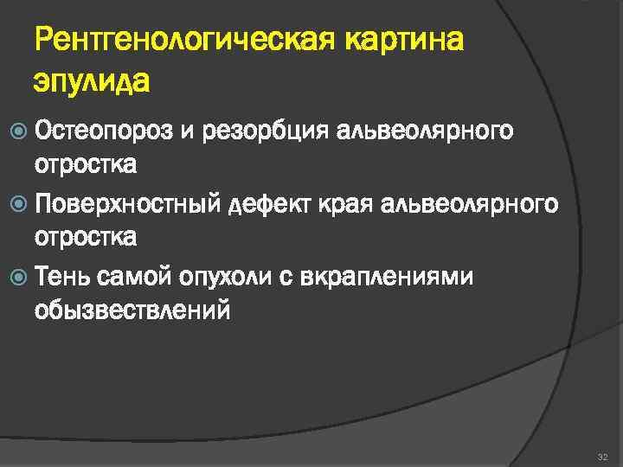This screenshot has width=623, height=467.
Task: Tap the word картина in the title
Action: pos(405,42)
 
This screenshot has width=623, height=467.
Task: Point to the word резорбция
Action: pos(264,131)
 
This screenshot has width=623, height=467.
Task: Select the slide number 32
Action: pos(602,454)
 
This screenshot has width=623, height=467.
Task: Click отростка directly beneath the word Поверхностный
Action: pos(85,236)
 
